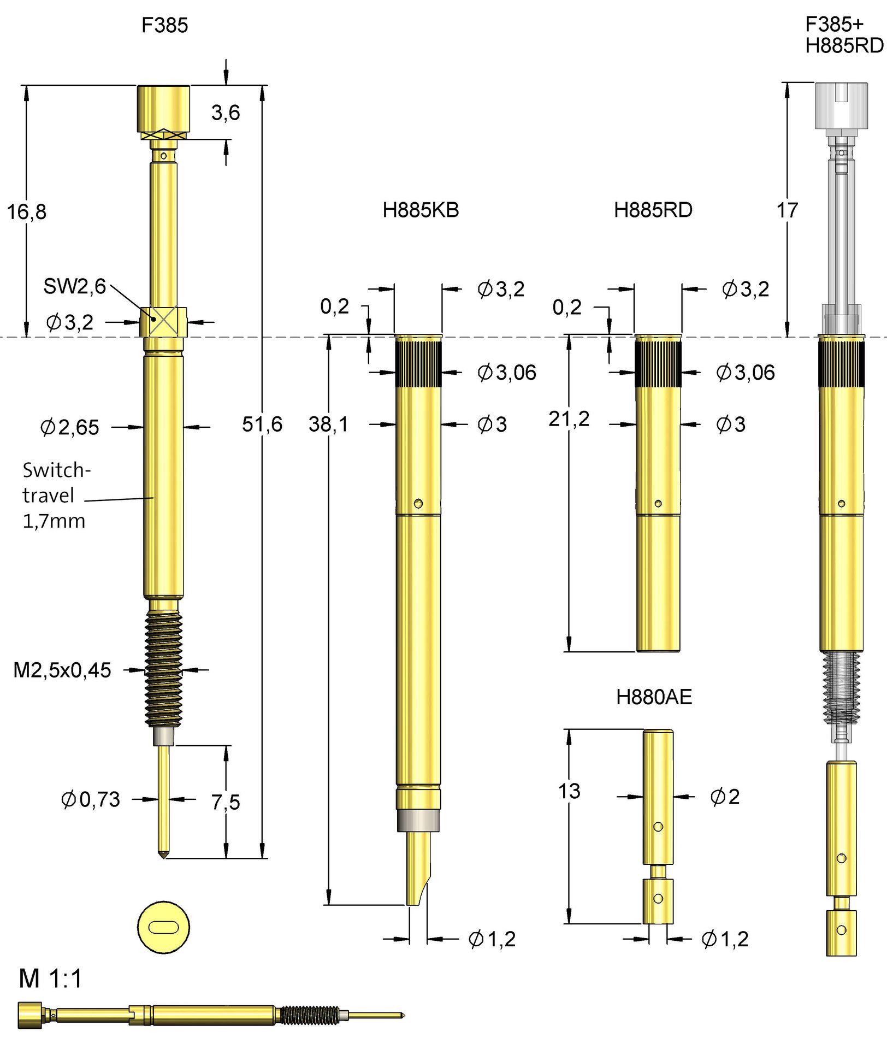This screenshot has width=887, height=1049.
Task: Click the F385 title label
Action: point(164,25)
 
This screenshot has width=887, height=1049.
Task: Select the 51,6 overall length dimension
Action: point(262,424)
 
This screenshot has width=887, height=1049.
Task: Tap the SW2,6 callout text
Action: point(74,286)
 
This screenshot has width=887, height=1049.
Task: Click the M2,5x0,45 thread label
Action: point(62,670)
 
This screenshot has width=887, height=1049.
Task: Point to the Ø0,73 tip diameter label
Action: point(91,799)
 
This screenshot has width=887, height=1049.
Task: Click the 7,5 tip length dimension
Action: point(226,802)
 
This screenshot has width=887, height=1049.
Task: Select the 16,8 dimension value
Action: point(26,212)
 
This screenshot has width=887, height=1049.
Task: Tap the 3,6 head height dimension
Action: point(226,113)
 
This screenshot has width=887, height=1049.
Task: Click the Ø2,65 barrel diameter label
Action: point(70,427)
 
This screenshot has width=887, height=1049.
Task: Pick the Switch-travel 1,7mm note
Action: point(55,495)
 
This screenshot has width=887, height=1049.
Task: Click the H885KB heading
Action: point(421,210)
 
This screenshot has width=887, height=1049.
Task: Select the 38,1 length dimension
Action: point(328,424)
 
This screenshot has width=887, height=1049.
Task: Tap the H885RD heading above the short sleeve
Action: point(653,210)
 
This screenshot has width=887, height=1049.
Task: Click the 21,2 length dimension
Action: point(569,419)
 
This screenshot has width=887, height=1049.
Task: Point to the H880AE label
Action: point(654,697)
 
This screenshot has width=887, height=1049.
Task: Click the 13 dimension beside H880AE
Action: point(569,791)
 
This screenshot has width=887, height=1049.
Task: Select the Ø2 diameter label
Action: point(725,797)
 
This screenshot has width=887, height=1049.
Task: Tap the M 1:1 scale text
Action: point(50,979)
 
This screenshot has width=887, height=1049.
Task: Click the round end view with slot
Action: point(163,928)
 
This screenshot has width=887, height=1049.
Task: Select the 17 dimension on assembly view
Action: point(787,210)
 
